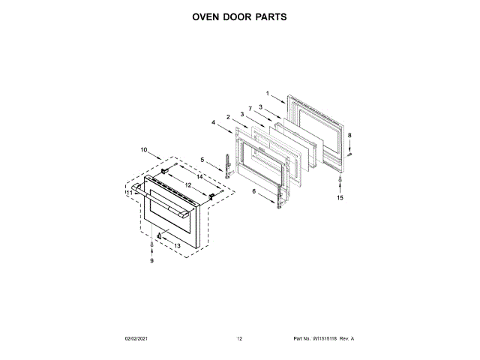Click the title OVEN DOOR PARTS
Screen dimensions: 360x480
tap(240, 16)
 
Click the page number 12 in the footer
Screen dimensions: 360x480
tap(239, 339)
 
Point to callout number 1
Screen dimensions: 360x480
tap(266, 94)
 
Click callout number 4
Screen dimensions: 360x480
tap(213, 122)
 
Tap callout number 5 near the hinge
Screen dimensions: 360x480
tap(202, 159)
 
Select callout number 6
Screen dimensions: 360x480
tap(253, 192)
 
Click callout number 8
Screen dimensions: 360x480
tap(349, 135)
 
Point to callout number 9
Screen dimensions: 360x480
tap(151, 261)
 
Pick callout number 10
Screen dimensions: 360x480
tap(144, 150)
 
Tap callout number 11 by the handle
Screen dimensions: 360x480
tap(129, 193)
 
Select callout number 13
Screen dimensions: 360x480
tap(177, 245)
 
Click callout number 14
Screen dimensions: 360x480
tap(199, 176)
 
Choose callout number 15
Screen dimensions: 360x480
tap(340, 198)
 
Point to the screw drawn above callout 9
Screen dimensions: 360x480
tap(151, 244)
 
